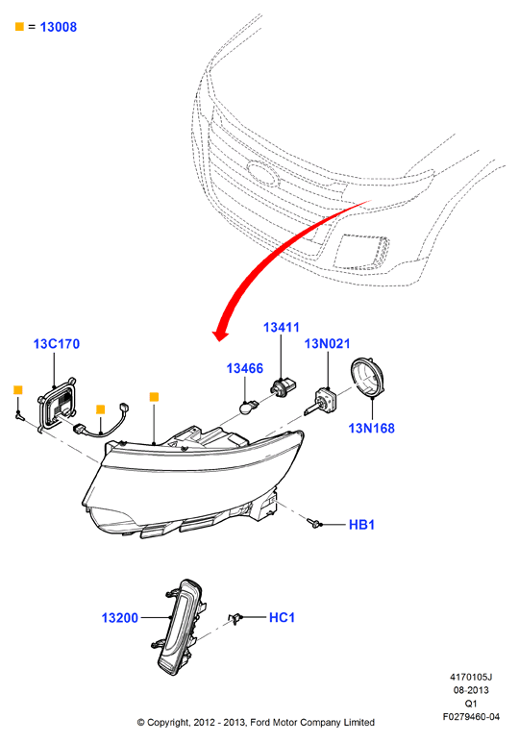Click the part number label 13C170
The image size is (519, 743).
(x=57, y=344)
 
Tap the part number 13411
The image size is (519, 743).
(x=281, y=328)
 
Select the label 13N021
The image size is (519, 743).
(x=327, y=344)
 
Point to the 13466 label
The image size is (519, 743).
(x=244, y=368)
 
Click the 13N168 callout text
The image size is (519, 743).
(x=371, y=429)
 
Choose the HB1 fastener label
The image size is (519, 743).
(x=361, y=525)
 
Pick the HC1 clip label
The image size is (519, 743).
(x=282, y=617)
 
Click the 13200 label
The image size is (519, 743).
(x=120, y=618)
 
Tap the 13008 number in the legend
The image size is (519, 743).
(x=59, y=27)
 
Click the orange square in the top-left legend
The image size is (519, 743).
(x=19, y=27)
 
